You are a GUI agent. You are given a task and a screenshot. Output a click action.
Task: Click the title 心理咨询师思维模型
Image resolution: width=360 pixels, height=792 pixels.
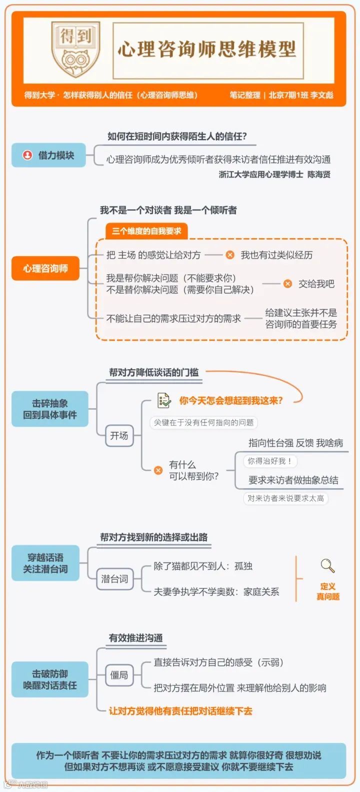[207, 50]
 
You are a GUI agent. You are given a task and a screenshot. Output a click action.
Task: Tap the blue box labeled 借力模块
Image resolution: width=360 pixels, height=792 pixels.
[48, 156]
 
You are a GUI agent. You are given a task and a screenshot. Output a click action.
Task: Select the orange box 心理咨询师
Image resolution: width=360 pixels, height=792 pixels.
[45, 269]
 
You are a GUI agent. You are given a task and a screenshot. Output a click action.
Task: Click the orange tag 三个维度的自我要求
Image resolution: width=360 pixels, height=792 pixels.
[146, 231]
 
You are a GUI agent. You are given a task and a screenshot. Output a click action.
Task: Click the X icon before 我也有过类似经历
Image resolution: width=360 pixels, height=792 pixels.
[230, 255]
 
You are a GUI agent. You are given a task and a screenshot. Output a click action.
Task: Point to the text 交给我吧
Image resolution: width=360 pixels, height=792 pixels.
[316, 284]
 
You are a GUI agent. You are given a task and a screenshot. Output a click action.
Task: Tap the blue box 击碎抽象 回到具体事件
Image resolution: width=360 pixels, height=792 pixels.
[50, 409]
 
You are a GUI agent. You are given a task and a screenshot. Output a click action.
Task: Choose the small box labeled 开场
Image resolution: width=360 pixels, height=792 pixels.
[119, 436]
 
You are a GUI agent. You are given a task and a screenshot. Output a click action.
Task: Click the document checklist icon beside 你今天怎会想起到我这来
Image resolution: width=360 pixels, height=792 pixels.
[163, 400]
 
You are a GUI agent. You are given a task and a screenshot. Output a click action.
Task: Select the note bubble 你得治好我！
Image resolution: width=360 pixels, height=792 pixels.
[269, 461]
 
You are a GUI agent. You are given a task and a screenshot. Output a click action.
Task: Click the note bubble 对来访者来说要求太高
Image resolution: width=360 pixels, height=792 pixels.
[285, 498]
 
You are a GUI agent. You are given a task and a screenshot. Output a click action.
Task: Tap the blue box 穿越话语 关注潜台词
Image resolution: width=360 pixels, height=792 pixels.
[45, 563]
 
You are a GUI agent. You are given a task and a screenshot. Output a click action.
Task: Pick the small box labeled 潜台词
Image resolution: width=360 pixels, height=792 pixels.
[114, 579]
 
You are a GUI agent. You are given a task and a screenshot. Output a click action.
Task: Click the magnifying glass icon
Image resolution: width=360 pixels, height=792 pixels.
[327, 566]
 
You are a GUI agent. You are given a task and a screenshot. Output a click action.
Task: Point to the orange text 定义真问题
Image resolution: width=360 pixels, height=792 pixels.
[328, 591]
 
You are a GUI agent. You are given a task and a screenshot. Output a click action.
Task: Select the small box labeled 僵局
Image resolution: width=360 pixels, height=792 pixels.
[119, 675]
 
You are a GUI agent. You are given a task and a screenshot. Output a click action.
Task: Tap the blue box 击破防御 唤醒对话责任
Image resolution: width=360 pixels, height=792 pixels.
[50, 679]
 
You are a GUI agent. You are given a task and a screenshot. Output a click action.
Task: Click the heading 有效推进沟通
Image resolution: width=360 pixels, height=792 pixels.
[135, 638]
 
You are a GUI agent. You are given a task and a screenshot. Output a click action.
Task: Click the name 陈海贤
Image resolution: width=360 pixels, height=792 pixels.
[318, 175]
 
